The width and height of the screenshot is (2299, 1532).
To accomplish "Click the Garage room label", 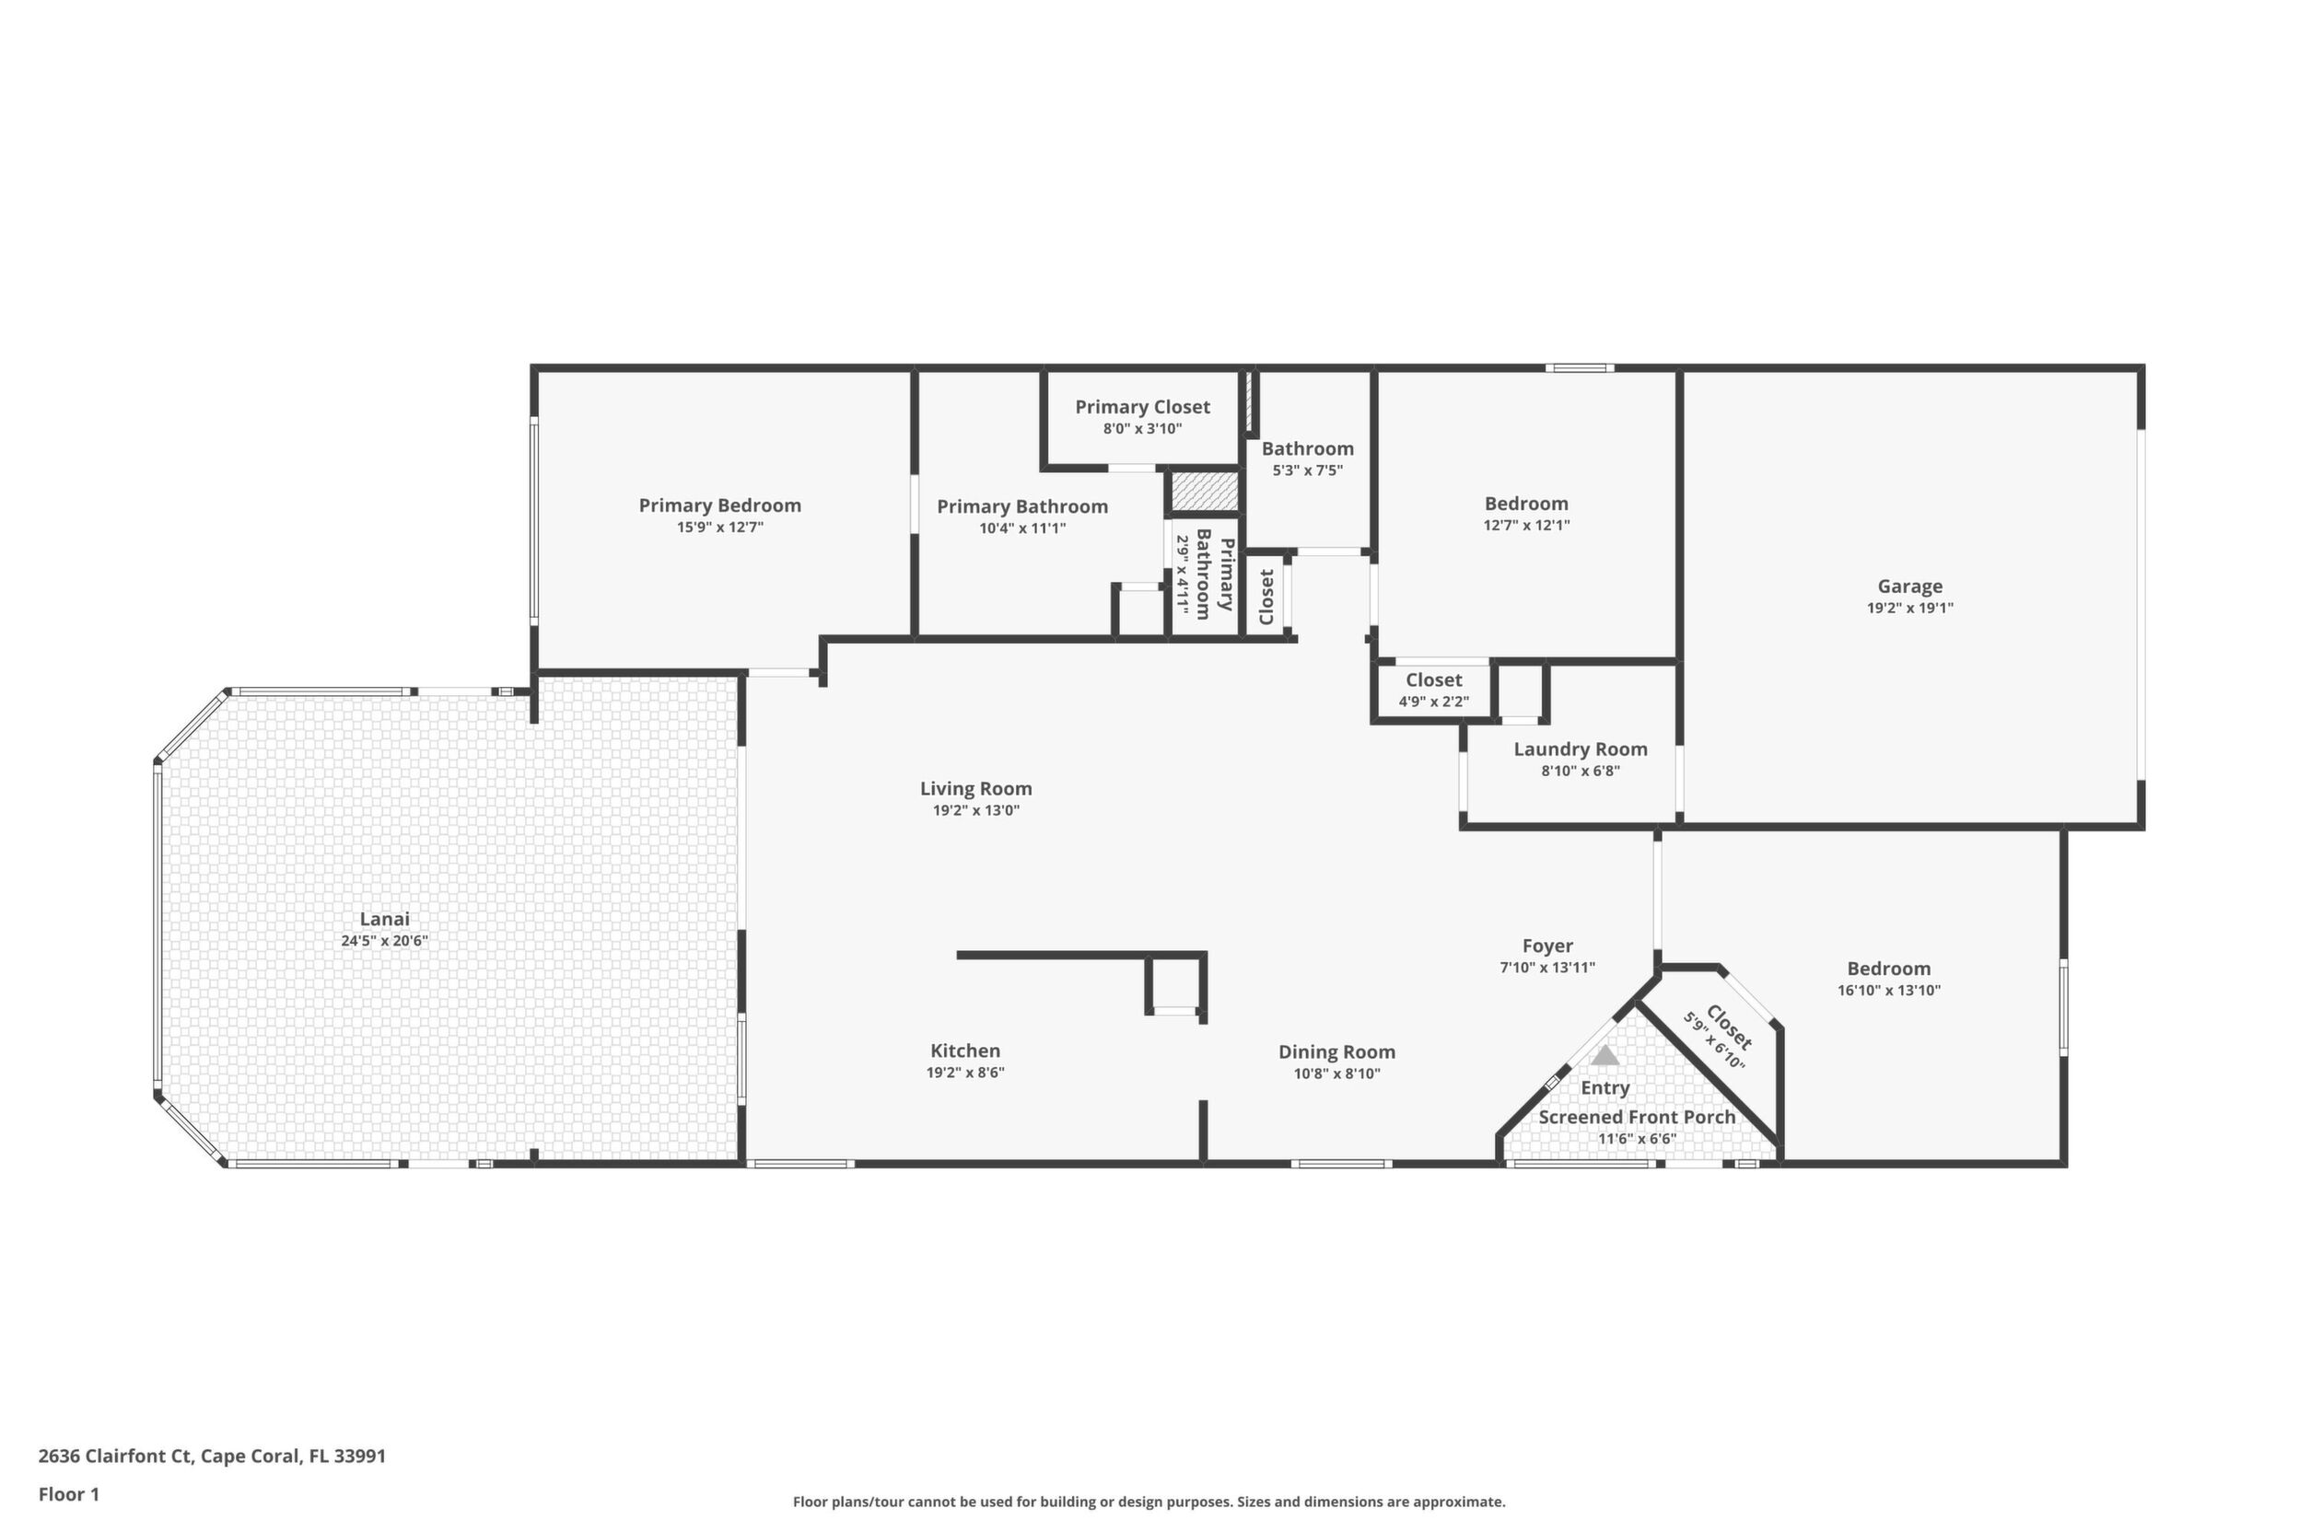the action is pyautogui.click(x=1909, y=586).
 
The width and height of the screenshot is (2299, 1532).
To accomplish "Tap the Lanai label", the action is pyautogui.click(x=384, y=919).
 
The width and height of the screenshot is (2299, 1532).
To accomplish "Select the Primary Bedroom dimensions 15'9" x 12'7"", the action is pyautogui.click(x=720, y=528).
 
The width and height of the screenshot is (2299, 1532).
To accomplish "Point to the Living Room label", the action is pyautogui.click(x=975, y=788).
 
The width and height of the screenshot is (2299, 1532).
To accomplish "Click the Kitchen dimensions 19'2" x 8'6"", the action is pyautogui.click(x=965, y=1072).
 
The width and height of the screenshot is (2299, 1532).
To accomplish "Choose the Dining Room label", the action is pyautogui.click(x=1336, y=1052).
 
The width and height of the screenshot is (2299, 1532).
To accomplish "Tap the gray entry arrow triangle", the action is pyautogui.click(x=1605, y=1056).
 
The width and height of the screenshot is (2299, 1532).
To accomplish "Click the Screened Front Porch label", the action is pyautogui.click(x=1638, y=1117).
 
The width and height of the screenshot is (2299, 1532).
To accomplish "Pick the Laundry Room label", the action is pyautogui.click(x=1581, y=749).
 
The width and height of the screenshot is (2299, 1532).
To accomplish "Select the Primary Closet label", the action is pyautogui.click(x=1143, y=406).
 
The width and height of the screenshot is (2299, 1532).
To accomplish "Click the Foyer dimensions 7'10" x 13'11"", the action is pyautogui.click(x=1547, y=968).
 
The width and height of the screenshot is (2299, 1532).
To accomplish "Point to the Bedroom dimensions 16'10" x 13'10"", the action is pyautogui.click(x=1888, y=990).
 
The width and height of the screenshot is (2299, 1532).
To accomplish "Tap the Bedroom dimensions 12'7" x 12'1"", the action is pyautogui.click(x=1527, y=525).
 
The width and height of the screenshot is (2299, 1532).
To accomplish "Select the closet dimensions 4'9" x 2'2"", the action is pyautogui.click(x=1434, y=702).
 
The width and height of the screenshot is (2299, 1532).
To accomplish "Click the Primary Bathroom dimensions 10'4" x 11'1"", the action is pyautogui.click(x=1022, y=528).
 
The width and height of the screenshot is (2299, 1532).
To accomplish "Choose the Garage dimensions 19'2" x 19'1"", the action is pyautogui.click(x=1910, y=608).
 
